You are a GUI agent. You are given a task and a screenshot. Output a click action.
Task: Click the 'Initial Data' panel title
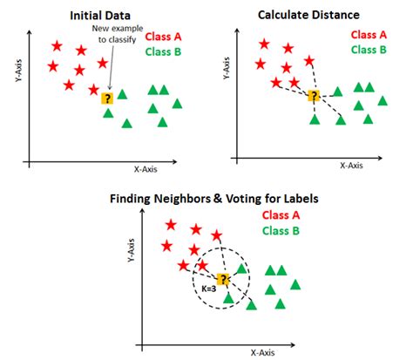(102, 15)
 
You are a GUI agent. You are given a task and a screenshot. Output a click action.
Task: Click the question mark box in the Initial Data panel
(107, 99)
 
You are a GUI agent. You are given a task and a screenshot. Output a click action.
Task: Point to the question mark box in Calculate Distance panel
(314, 95)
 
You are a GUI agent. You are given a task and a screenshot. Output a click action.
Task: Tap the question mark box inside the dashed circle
(224, 278)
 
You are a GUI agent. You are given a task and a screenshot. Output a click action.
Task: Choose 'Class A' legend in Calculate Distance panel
(369, 34)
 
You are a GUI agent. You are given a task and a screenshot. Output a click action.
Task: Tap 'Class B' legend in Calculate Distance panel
(369, 50)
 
